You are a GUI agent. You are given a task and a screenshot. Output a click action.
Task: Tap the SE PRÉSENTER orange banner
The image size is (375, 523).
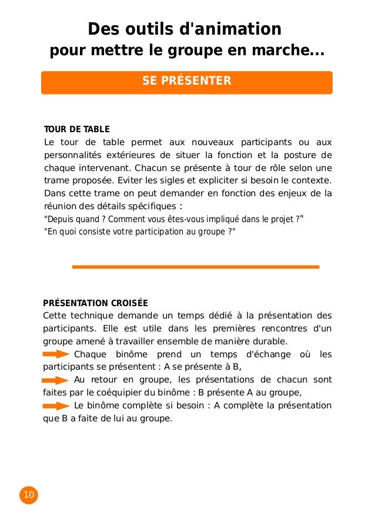click(187, 81)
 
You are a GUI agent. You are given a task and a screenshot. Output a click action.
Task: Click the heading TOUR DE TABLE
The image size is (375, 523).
click(76, 129)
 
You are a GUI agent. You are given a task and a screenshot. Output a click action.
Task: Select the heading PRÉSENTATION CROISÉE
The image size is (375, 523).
click(95, 303)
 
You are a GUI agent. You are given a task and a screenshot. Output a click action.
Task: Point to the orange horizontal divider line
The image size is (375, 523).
click(195, 267)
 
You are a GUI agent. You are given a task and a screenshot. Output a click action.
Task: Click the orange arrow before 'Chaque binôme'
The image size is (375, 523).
click(57, 354)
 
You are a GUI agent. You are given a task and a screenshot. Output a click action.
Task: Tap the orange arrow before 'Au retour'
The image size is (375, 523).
click(57, 380)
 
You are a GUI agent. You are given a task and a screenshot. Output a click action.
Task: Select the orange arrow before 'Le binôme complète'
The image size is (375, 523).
click(57, 406)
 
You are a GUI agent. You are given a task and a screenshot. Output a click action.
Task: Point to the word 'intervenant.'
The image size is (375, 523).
click(96, 167)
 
